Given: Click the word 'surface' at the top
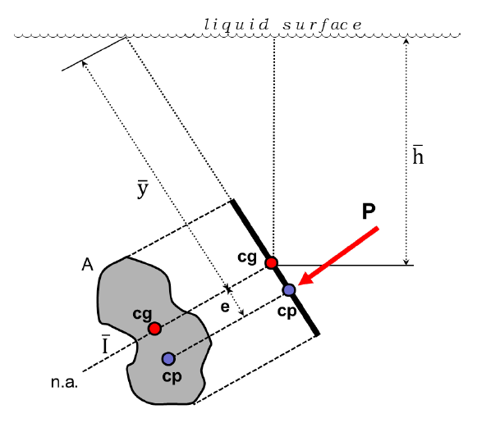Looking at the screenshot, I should pos(322,25).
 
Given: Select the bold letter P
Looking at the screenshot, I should pos(369,211).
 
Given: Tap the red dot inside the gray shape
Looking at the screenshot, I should pos(154,329).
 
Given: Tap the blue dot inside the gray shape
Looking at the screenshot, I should pos(168,358).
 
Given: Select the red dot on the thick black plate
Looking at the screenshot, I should pos(271,263).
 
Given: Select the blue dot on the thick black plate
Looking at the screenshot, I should pos(289,289).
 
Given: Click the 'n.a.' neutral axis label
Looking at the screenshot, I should pos(64,383).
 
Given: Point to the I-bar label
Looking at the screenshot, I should pos(105,344).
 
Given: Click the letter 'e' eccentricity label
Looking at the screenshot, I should pos(224,309).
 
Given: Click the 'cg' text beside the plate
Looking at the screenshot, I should pos(247,257).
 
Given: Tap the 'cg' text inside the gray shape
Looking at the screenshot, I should pos(142,314).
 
